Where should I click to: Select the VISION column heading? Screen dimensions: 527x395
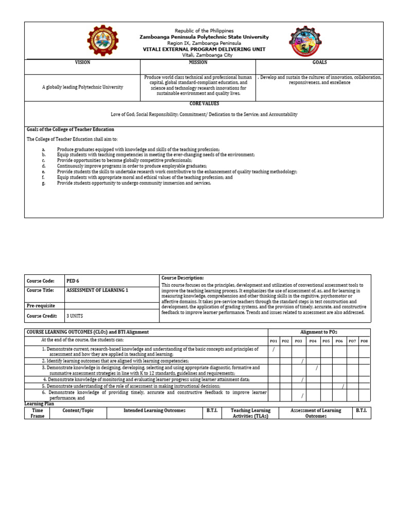tap(82, 62)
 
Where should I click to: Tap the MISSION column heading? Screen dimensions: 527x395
tap(197, 62)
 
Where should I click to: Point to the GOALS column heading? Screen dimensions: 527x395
tap(319, 62)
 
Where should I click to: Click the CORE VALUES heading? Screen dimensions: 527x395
tap(204, 104)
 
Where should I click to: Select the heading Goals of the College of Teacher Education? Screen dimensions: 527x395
tap(70, 129)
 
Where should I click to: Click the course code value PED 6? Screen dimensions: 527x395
tap(73, 281)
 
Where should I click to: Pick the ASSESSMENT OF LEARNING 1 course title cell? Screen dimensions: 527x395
tap(97, 290)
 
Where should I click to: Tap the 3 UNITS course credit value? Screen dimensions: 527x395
tap(75, 316)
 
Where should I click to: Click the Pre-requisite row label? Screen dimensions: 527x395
tap(41, 306)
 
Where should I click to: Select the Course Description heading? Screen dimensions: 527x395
tap(183, 278)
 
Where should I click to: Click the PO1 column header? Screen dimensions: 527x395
tap(274, 341)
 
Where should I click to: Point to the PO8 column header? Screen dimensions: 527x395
tap(364, 341)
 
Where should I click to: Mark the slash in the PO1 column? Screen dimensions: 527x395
tap(274, 350)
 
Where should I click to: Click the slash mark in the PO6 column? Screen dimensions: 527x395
tap(343, 386)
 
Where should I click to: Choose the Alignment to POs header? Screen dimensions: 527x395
tap(318, 332)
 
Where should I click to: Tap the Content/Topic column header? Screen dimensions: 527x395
tap(78, 411)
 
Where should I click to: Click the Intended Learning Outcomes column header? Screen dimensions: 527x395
tap(154, 411)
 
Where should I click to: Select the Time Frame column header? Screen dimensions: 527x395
tap(38, 413)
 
